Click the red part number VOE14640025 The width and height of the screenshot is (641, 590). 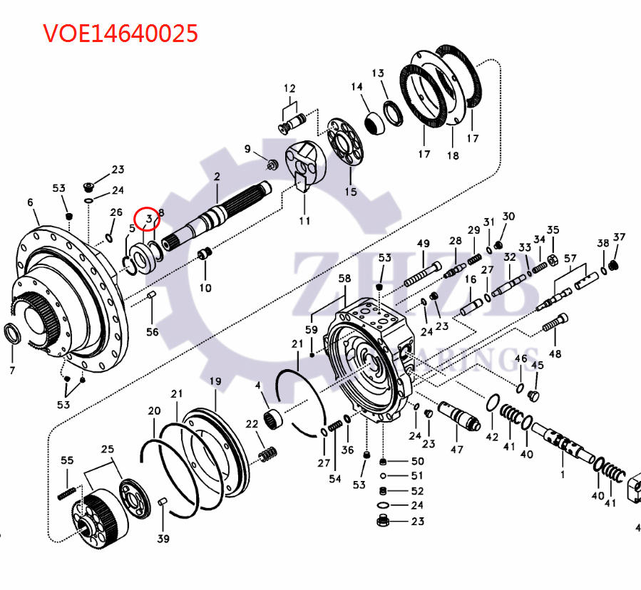(120, 33)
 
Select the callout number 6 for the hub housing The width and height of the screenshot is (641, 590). (30, 203)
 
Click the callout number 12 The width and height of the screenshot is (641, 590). (289, 88)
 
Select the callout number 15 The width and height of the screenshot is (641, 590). (350, 192)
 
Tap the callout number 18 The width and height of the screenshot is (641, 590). (453, 155)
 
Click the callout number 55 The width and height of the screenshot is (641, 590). (67, 461)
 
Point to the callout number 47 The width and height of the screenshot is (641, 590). (456, 449)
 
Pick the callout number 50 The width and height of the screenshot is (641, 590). (417, 462)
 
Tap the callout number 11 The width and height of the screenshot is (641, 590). (304, 220)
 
